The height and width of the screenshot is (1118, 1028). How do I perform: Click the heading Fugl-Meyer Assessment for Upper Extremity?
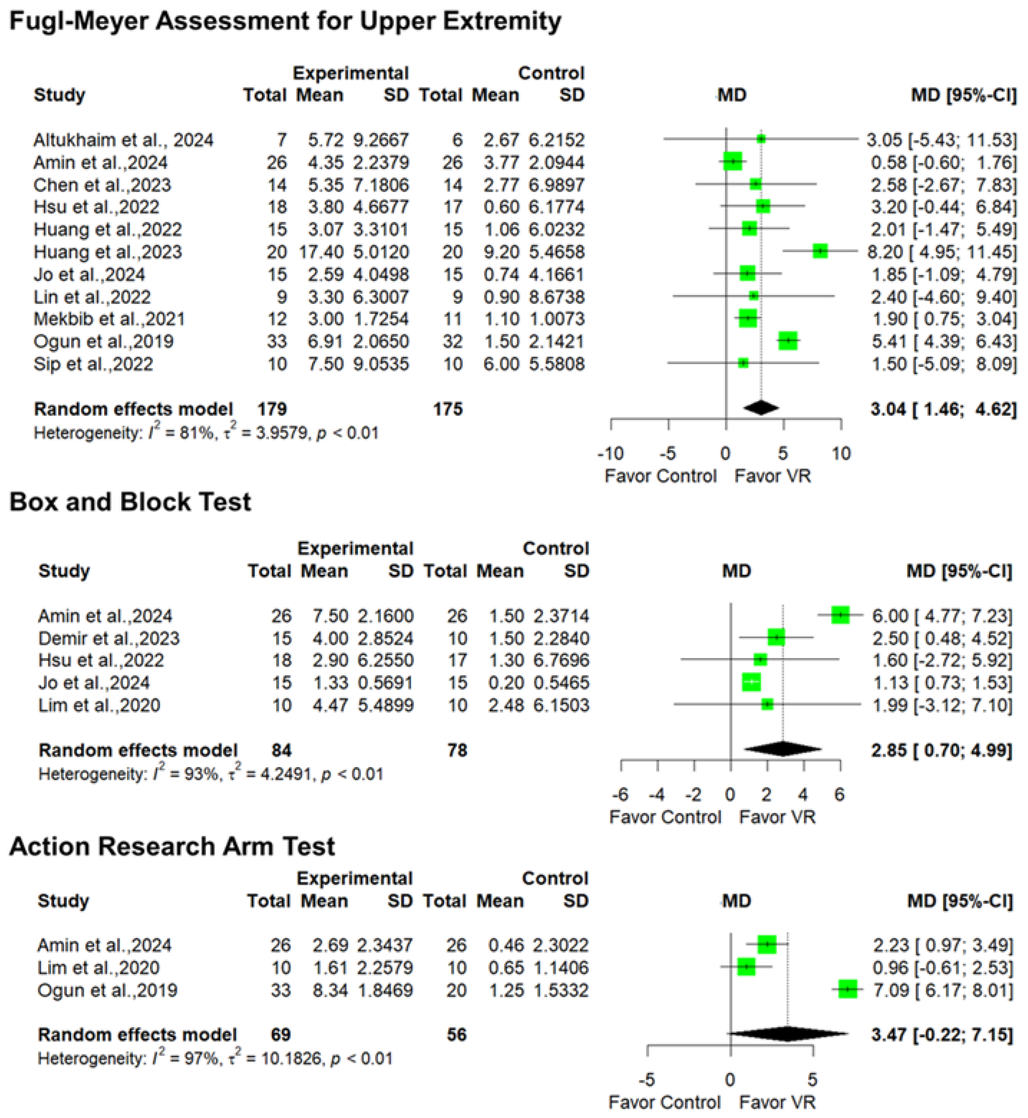pos(285,22)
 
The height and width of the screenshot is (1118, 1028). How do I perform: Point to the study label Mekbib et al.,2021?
pos(109,319)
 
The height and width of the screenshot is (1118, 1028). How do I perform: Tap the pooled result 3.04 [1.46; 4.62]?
pos(943,409)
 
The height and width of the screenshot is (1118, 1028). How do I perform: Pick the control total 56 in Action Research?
pos(456,1035)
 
